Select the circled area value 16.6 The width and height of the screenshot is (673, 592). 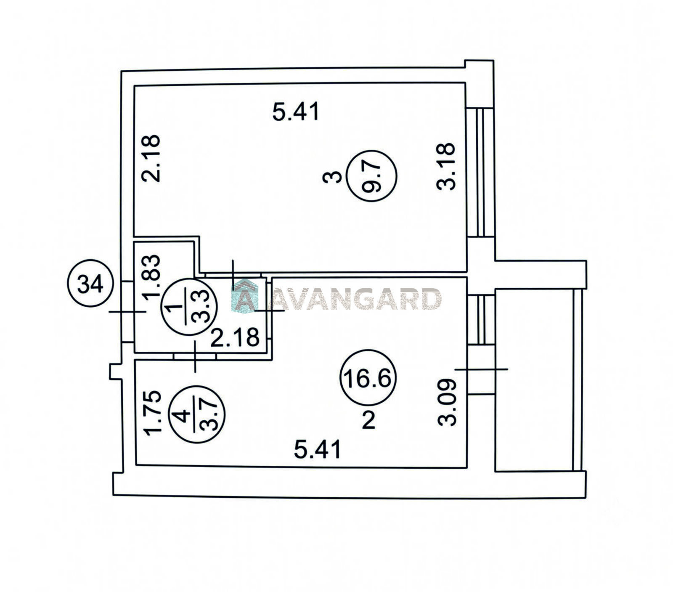368,378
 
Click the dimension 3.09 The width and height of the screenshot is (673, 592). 447,403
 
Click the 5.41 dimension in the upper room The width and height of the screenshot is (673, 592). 296,112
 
